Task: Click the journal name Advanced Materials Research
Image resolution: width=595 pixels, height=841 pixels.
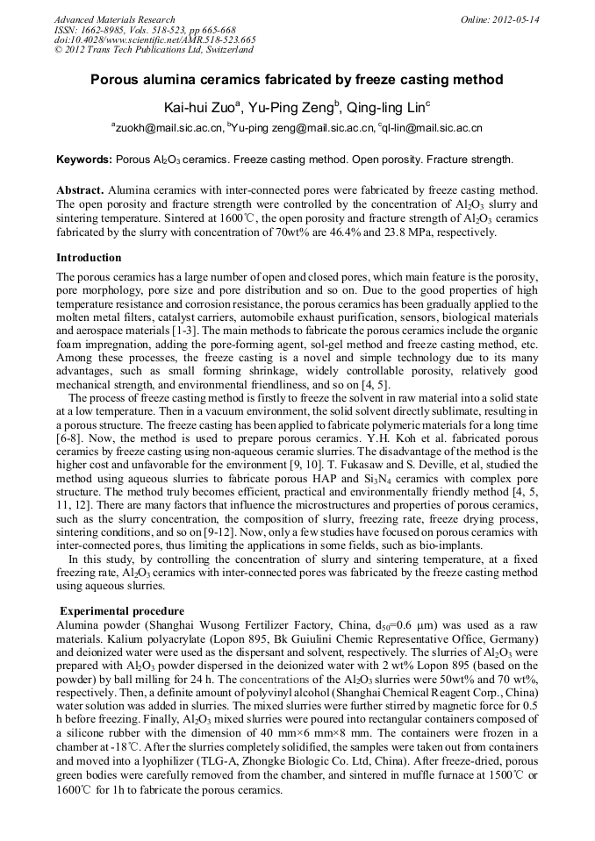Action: tap(115, 19)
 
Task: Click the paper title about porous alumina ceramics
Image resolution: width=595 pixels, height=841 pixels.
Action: tap(297, 80)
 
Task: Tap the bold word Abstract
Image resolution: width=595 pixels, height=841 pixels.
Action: tap(82, 190)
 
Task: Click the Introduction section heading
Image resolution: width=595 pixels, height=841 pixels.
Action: tap(89, 258)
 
